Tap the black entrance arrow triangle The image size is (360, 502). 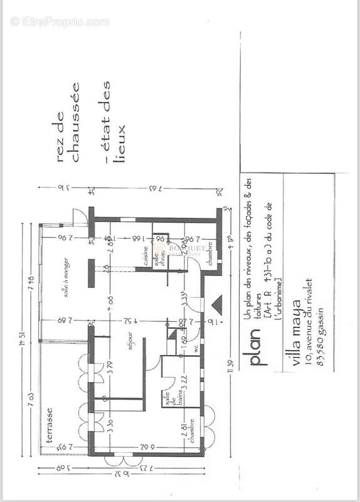coord(218,306)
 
